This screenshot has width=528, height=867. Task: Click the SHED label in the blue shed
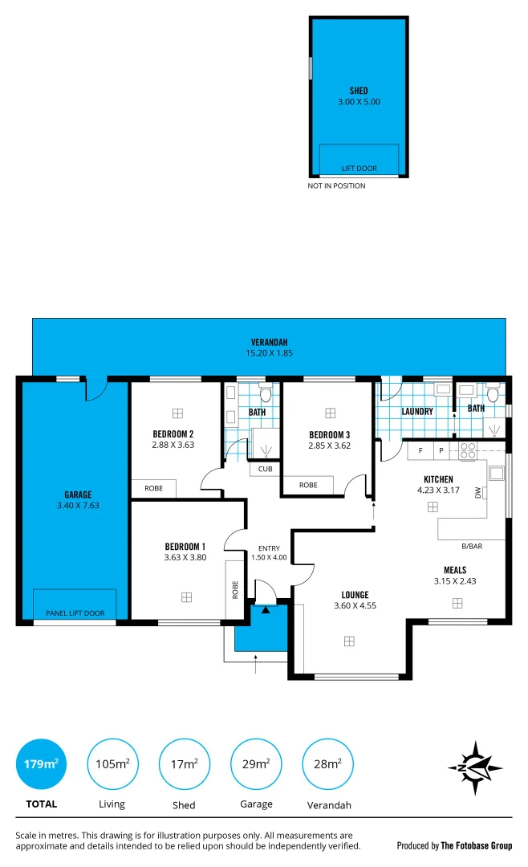359,91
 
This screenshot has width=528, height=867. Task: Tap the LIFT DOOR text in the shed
359,169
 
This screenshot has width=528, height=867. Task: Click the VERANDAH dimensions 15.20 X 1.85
269,352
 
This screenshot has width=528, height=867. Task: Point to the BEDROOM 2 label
173,433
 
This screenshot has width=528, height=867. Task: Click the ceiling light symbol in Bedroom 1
186,596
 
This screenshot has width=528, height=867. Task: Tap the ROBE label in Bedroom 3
307,485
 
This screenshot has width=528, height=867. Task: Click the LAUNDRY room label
416,412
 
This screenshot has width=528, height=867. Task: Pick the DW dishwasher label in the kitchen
477,493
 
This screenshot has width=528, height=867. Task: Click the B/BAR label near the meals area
471,546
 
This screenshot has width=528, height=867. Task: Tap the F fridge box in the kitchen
420,452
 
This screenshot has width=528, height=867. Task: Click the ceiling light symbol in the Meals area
457,602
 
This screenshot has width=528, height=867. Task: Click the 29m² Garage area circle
255,764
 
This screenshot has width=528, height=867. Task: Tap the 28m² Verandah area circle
327,764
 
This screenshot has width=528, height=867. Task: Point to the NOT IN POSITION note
336,186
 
